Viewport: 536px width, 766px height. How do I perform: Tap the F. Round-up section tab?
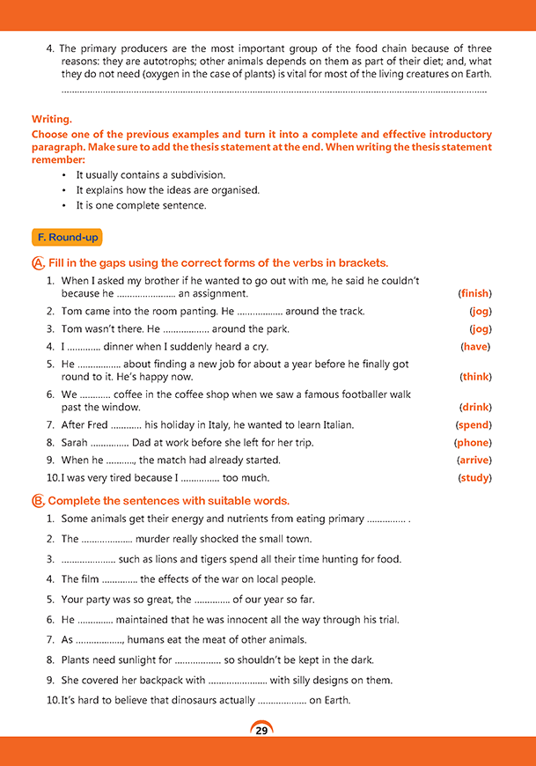[67, 238]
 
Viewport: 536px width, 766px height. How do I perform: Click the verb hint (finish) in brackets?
[474, 293]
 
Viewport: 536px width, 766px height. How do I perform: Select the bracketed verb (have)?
[475, 346]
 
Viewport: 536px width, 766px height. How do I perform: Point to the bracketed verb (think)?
[475, 377]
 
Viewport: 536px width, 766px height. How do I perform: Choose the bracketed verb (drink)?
[475, 408]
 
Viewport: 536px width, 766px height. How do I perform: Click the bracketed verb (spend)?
[474, 424]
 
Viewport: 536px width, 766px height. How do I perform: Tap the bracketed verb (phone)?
[473, 442]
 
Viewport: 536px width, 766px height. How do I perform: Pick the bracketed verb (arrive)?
[474, 460]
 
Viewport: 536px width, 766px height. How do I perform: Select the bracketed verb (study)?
[474, 477]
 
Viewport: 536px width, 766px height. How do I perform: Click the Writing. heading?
[52, 118]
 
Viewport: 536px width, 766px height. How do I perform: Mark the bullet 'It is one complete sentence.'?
[141, 206]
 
